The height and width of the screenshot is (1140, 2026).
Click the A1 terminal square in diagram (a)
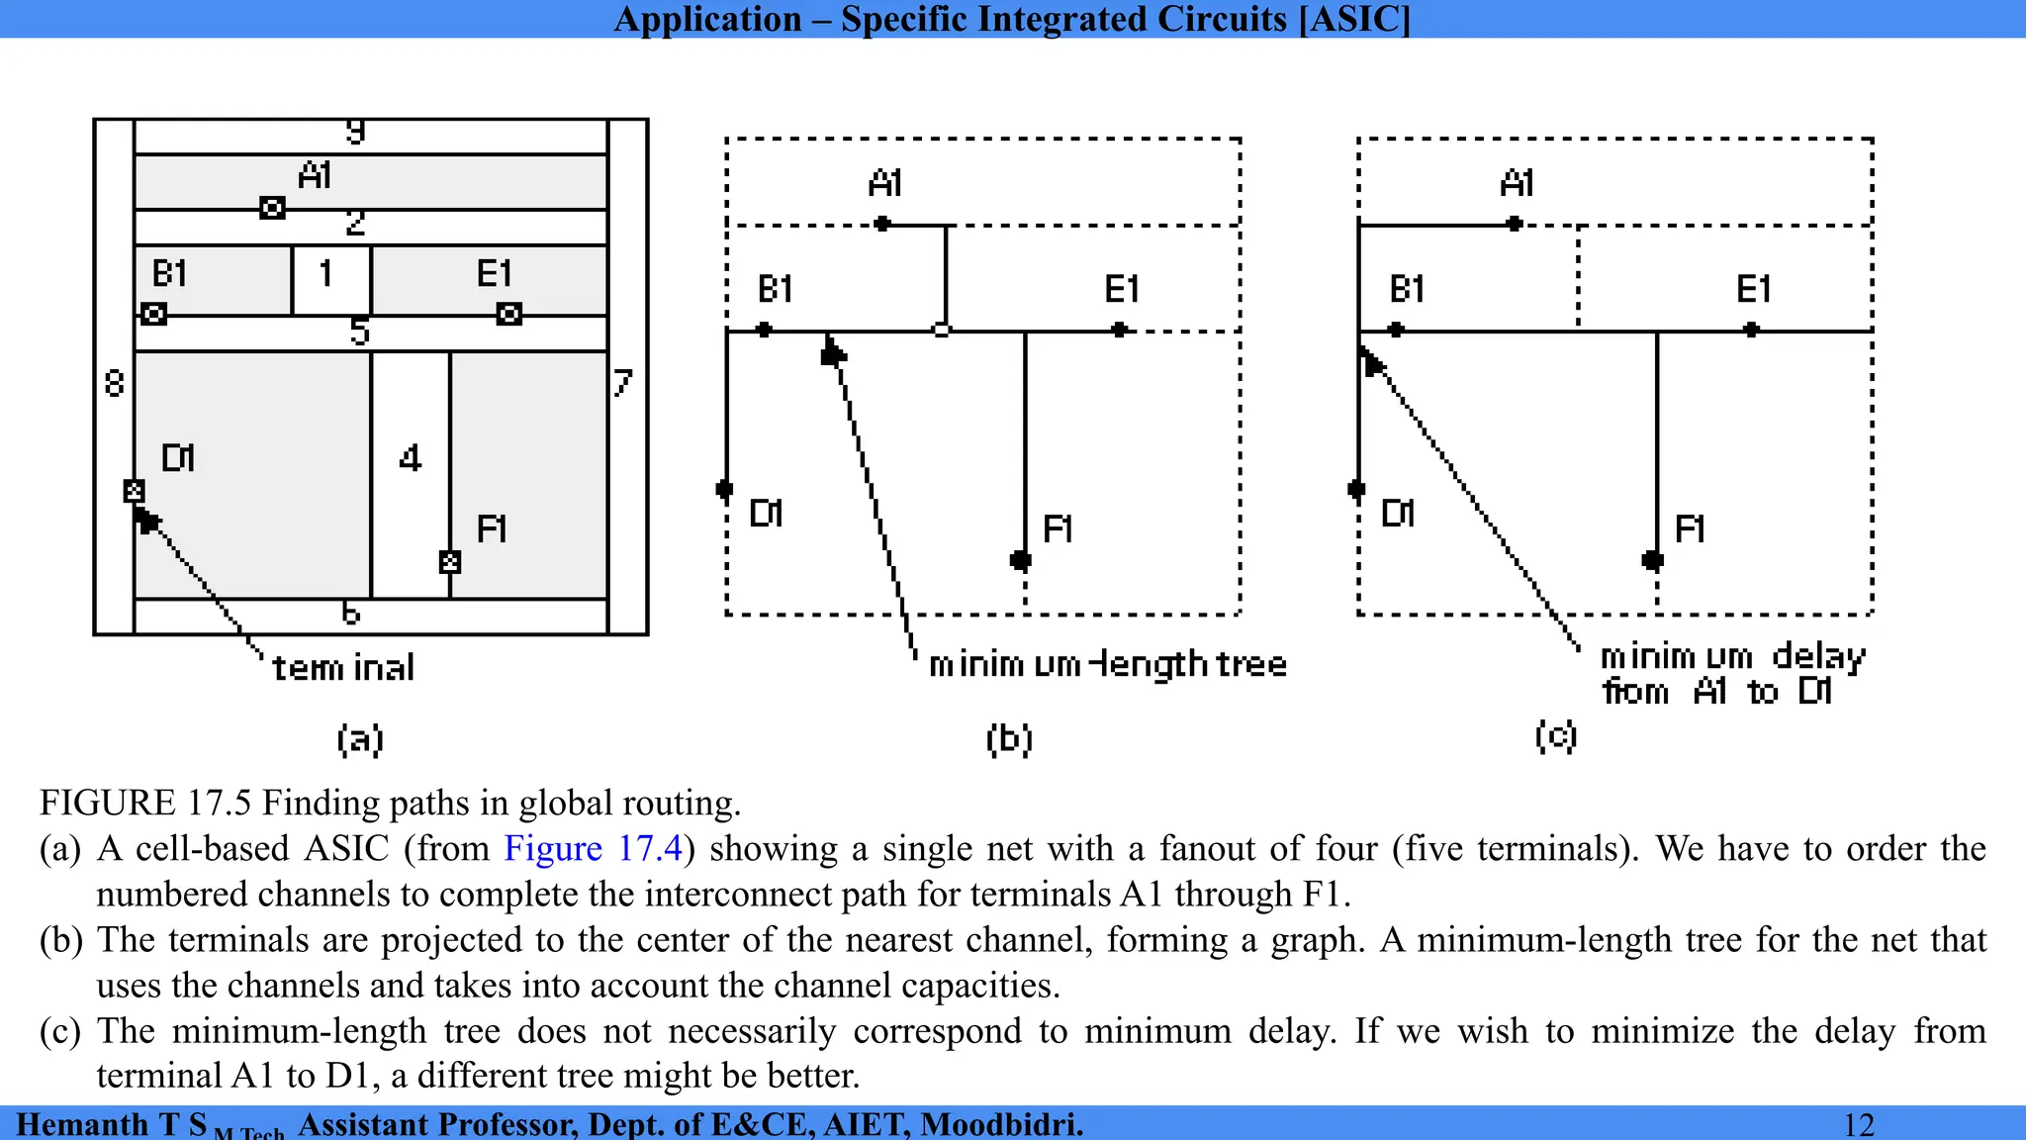pos(272,208)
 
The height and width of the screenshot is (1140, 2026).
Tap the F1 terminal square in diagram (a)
pos(450,562)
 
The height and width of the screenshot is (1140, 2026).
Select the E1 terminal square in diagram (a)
pos(508,315)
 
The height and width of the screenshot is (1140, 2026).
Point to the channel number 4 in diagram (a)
pos(411,458)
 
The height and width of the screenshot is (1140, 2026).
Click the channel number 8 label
pos(115,382)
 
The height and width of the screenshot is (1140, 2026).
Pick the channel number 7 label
pos(622,382)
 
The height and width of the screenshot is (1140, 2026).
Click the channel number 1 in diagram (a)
pos(325,273)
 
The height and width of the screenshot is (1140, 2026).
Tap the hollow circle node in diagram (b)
pos(942,330)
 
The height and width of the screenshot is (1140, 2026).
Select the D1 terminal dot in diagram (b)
pos(724,489)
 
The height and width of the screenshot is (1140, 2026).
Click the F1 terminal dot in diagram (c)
pos(1652,561)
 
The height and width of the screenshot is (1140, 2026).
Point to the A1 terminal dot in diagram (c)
pos(1515,225)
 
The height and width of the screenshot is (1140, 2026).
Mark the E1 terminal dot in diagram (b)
pos(1119,330)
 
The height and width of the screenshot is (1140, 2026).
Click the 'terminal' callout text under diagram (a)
pos(343,668)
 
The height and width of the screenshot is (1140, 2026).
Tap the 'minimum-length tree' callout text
pos(1108,664)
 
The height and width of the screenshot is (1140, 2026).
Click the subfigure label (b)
pos(1009,739)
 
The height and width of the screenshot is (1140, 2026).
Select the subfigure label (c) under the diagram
pos(1555,736)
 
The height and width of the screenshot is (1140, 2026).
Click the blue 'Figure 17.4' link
pos(594,849)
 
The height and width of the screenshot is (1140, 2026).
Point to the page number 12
pos(1859,1125)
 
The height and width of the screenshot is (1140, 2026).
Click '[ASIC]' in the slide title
pos(1354,19)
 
